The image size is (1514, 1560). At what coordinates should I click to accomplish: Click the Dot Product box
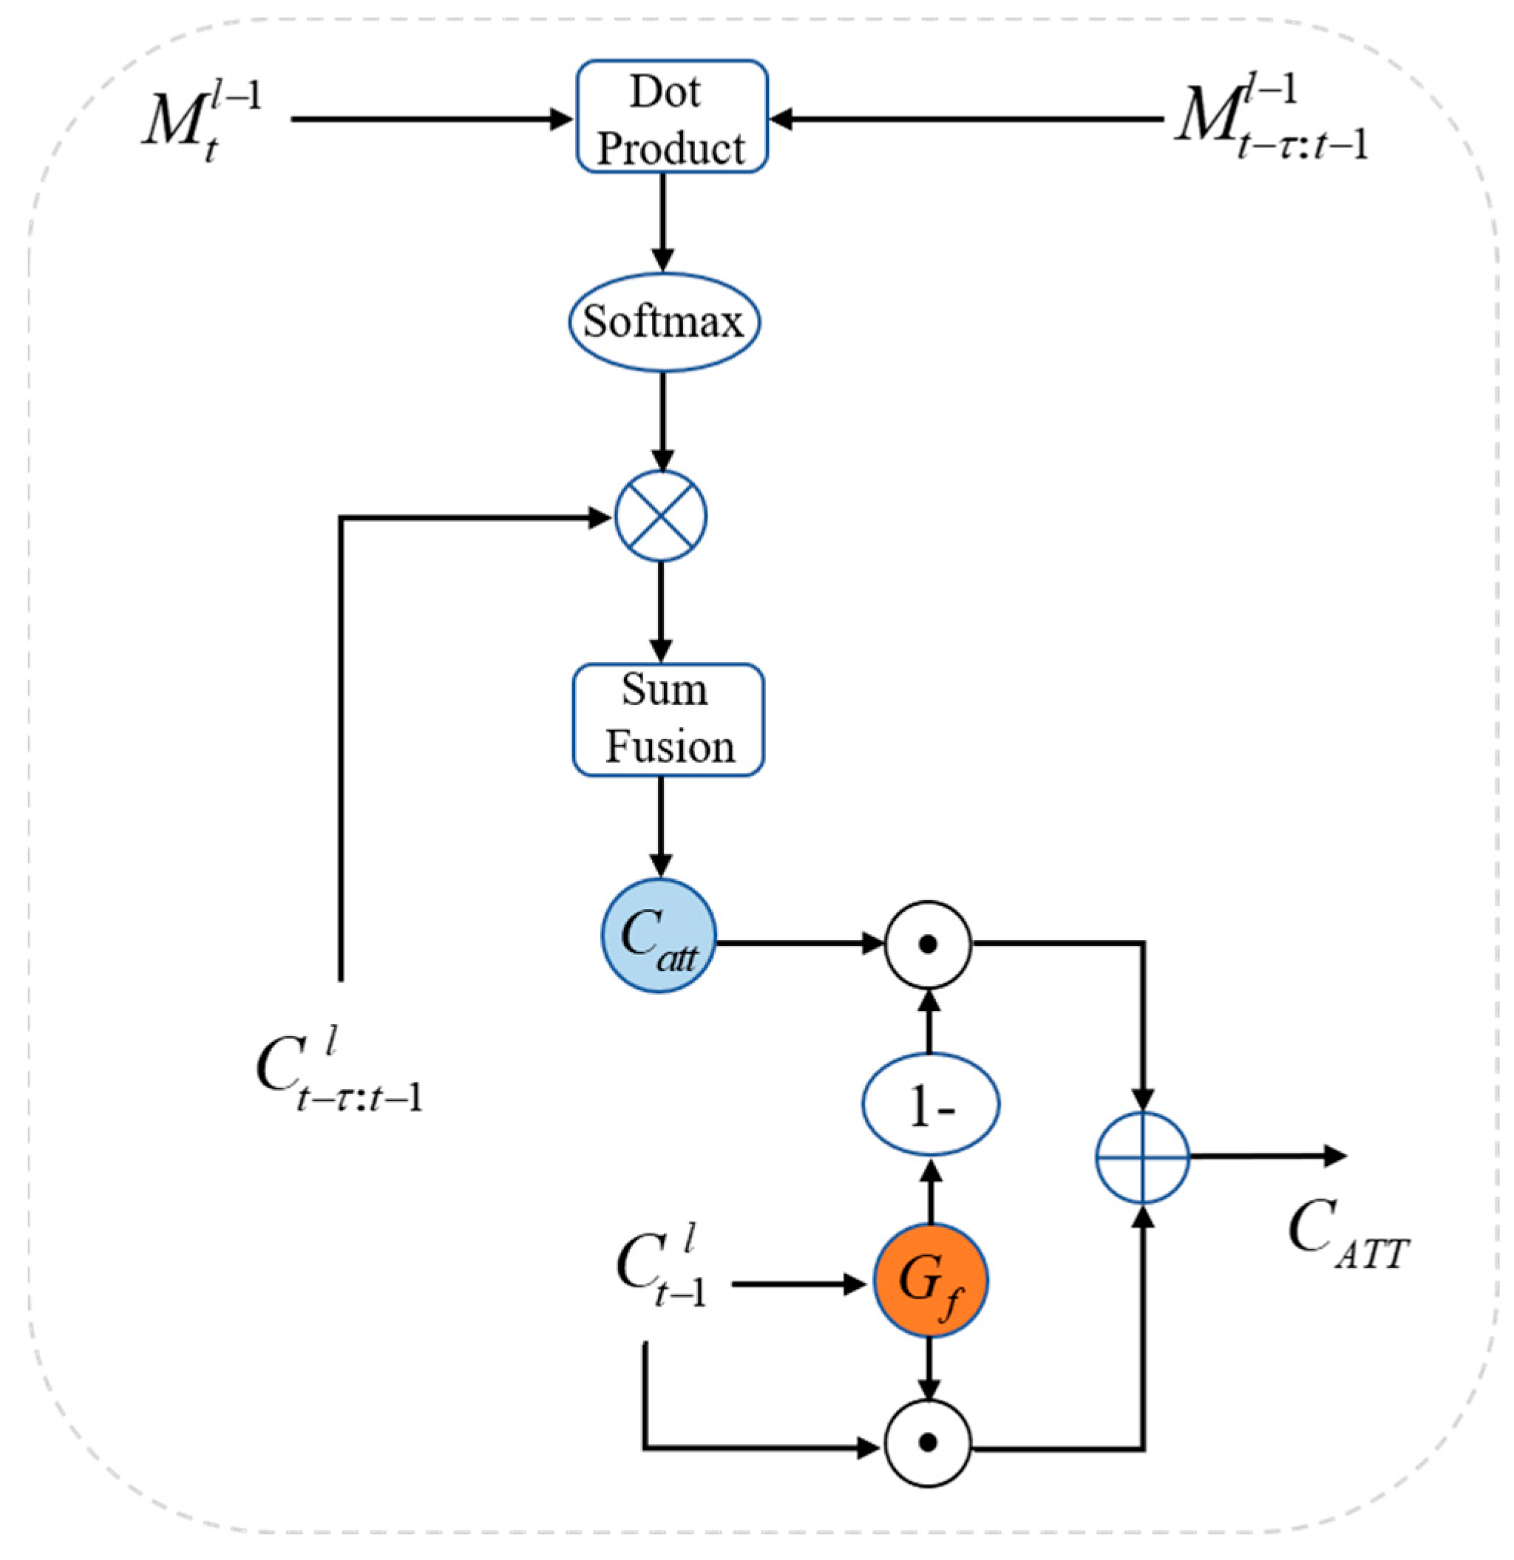pos(672,117)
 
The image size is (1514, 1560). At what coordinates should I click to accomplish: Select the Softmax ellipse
pos(664,322)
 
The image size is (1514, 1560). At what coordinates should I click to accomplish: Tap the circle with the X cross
pos(661,517)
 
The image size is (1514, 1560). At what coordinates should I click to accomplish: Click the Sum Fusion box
pos(668,720)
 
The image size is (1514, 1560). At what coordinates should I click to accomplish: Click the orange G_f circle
pos(931,1281)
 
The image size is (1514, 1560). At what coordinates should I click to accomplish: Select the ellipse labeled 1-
pos(931,1105)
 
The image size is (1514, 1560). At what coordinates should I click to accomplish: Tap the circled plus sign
pos(1142,1157)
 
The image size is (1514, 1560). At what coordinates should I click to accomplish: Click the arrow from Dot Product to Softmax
pos(662,223)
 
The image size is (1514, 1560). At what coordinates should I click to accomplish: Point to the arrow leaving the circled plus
pos(1266,1156)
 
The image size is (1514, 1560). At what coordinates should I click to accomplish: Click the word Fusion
pos(671,747)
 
